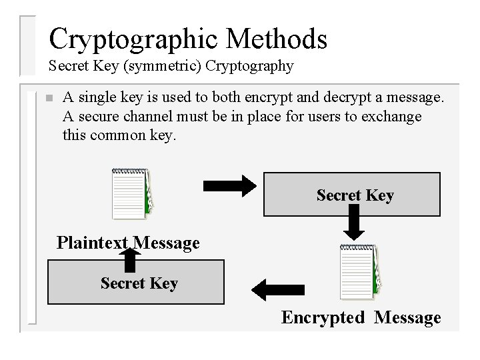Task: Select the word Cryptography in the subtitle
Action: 250,66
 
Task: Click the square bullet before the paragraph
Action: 47,99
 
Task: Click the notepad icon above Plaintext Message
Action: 131,193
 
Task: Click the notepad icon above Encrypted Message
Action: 360,272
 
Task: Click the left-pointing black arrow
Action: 270,288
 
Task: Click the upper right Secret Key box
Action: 352,194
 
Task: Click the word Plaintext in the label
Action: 92,243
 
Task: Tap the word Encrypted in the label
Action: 323,317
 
